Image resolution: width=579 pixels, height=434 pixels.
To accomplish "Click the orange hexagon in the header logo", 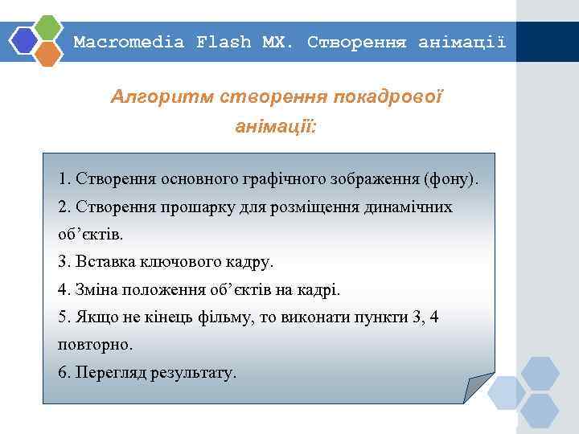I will click(49, 53).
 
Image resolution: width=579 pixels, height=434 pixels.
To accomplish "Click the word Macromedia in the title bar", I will click(129, 42).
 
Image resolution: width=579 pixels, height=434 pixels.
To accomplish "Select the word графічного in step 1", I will click(305, 177).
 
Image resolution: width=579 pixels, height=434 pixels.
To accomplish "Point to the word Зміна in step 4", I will click(101, 289).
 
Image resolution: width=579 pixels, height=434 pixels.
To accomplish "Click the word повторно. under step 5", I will click(96, 345).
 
